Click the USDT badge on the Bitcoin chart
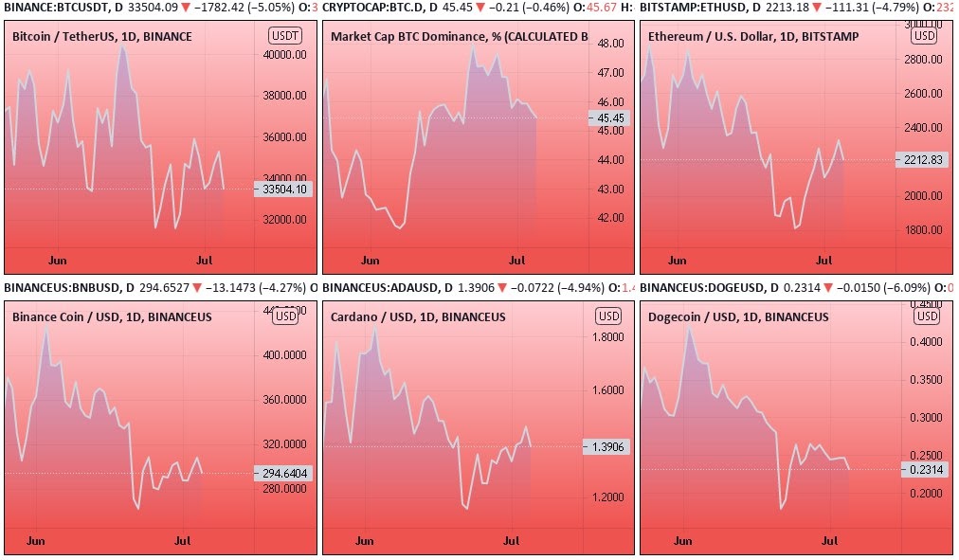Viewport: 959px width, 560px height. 285,37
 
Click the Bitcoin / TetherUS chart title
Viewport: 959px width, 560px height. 101,37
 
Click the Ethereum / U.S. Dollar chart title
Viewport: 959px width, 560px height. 753,37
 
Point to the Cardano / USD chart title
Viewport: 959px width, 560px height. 418,316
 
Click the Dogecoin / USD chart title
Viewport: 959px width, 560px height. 738,316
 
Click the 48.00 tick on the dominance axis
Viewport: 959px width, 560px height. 610,44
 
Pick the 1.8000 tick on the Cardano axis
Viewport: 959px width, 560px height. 607,336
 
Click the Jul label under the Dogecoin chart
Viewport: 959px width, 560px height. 830,541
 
